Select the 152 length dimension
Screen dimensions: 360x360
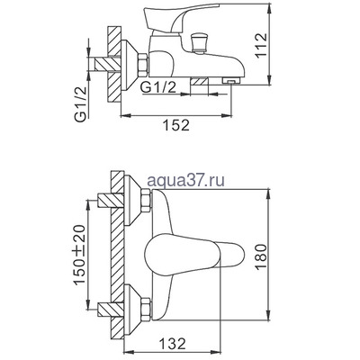[x=177, y=126]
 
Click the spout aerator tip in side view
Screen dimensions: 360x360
[x=229, y=82]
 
